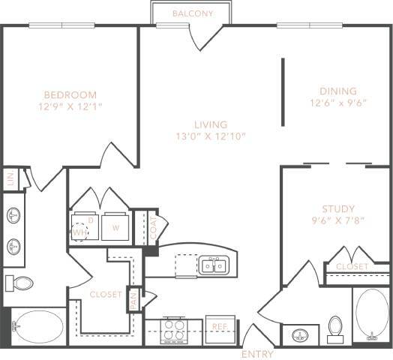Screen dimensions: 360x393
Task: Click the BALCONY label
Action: pyautogui.click(x=193, y=13)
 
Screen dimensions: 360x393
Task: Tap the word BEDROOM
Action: pyautogui.click(x=70, y=94)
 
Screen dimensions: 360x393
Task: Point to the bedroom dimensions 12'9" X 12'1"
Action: pyautogui.click(x=70, y=107)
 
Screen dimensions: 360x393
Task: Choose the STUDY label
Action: pyautogui.click(x=337, y=208)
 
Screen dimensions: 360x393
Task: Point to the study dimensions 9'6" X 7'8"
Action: pyautogui.click(x=337, y=220)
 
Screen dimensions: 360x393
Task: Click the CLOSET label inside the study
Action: pyautogui.click(x=352, y=267)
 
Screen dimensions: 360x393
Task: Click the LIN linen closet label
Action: pyautogui.click(x=10, y=178)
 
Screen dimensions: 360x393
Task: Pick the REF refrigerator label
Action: pyautogui.click(x=220, y=326)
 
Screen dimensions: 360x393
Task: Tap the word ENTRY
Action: pyautogui.click(x=256, y=354)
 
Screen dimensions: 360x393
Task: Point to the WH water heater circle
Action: pyautogui.click(x=79, y=231)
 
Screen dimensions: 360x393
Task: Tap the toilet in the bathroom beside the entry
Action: pyautogui.click(x=336, y=327)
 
